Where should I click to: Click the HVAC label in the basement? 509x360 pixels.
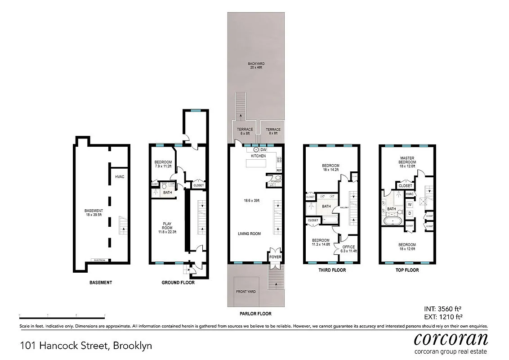point(119,177)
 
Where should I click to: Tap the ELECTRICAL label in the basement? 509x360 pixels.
point(100,260)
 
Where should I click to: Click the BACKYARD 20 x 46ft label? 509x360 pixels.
point(256,66)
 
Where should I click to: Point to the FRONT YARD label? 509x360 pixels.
point(246,292)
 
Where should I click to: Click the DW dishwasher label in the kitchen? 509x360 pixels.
point(263,149)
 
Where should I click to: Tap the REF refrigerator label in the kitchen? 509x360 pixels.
point(279,170)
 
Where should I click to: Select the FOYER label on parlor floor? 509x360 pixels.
point(274,257)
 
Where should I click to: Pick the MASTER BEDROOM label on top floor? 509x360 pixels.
point(407,161)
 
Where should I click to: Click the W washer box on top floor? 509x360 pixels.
point(410,204)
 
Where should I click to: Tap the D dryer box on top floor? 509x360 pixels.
point(410,213)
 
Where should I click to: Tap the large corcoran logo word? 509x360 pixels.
point(451,338)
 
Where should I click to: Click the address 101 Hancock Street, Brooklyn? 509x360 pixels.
point(86,346)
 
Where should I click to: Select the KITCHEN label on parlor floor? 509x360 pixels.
point(258,156)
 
